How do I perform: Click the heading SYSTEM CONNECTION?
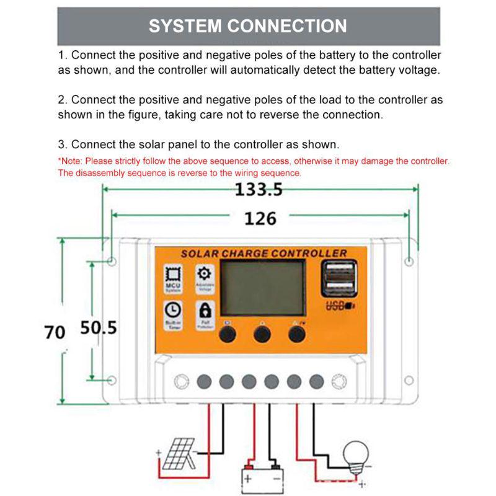tap(248, 26)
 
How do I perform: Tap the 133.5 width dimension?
tap(258, 190)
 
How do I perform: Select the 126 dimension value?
tap(260, 218)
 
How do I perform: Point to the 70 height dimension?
tap(55, 332)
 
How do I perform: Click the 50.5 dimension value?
tap(99, 328)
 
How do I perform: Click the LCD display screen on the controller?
tap(263, 287)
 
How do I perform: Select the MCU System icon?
tap(172, 277)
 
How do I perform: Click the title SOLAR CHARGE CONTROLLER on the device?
tap(263, 253)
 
